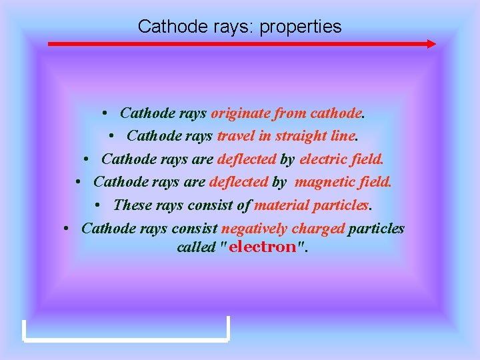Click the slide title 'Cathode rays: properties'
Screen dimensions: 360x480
click(x=239, y=27)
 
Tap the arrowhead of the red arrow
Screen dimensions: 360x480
click(x=431, y=44)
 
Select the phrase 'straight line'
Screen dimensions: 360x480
click(x=316, y=137)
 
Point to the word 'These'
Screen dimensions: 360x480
click(x=133, y=205)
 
